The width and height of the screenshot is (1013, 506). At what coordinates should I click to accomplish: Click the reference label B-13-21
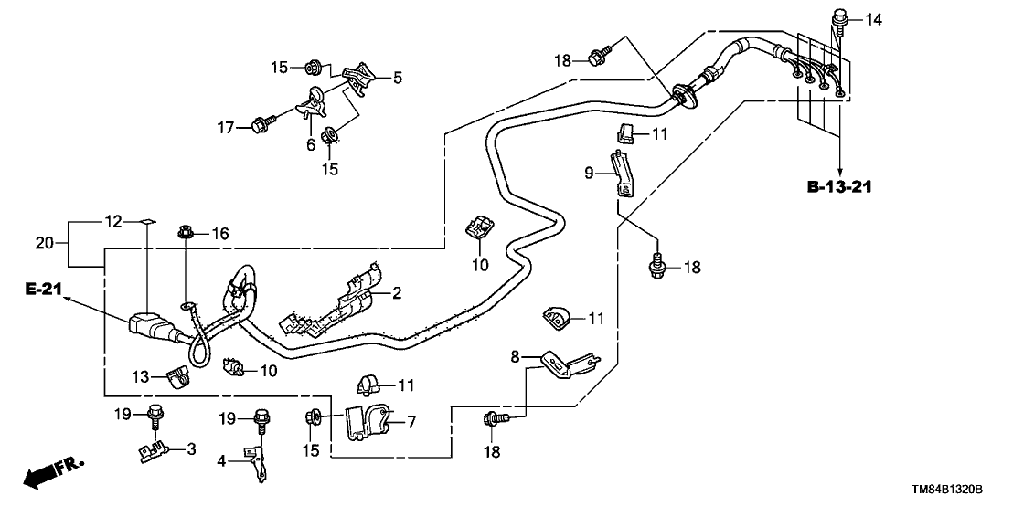838,187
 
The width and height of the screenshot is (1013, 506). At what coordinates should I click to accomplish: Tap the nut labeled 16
186,235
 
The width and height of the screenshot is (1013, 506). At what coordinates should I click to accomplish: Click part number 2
397,293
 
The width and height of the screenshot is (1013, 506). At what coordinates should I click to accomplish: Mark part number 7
411,421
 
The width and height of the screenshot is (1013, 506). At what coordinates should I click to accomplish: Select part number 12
112,222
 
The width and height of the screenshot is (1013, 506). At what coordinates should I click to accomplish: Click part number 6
311,145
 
